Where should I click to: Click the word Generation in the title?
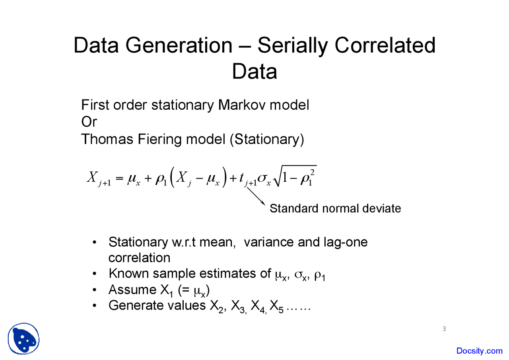pos(179,45)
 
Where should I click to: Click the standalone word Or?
pos(89,122)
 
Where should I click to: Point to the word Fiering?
pos(159,139)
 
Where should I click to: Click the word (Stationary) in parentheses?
pos(267,139)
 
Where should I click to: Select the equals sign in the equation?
pos(120,178)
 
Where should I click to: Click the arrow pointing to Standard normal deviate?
pos(256,196)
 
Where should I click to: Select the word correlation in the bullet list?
pos(139,258)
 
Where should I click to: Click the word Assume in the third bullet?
pos(132,290)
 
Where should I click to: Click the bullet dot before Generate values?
pos(95,306)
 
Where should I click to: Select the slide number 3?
pos(444,329)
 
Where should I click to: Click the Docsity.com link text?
pos(480,351)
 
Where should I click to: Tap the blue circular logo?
pos(23,339)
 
